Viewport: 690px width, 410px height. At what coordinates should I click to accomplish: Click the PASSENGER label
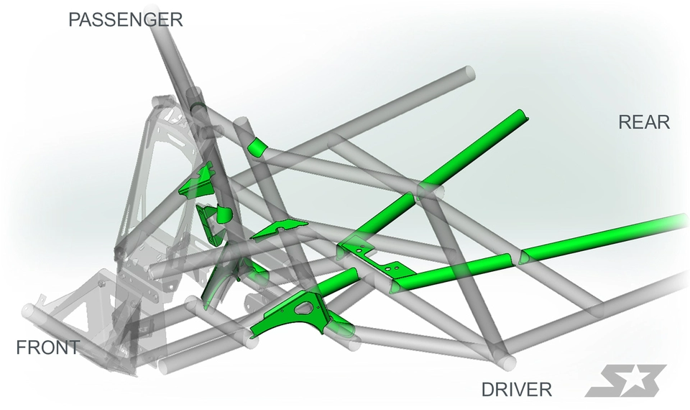pos(125,20)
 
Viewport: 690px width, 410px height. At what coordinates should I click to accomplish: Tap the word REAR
pos(644,122)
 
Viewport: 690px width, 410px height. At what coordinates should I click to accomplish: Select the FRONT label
pos(48,348)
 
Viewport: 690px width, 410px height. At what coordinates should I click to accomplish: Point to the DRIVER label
pos(517,389)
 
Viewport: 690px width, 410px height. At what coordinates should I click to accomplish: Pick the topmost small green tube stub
pos(256,147)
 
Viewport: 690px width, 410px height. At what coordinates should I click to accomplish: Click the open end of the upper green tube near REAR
pos(522,114)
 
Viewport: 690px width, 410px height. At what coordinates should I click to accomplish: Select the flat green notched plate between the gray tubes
pos(279,229)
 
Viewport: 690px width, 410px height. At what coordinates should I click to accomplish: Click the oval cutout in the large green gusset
pos(303,309)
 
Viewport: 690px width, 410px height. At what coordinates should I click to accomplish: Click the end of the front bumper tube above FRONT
pos(28,311)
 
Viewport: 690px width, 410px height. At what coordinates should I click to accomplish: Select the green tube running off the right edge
pos(603,237)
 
